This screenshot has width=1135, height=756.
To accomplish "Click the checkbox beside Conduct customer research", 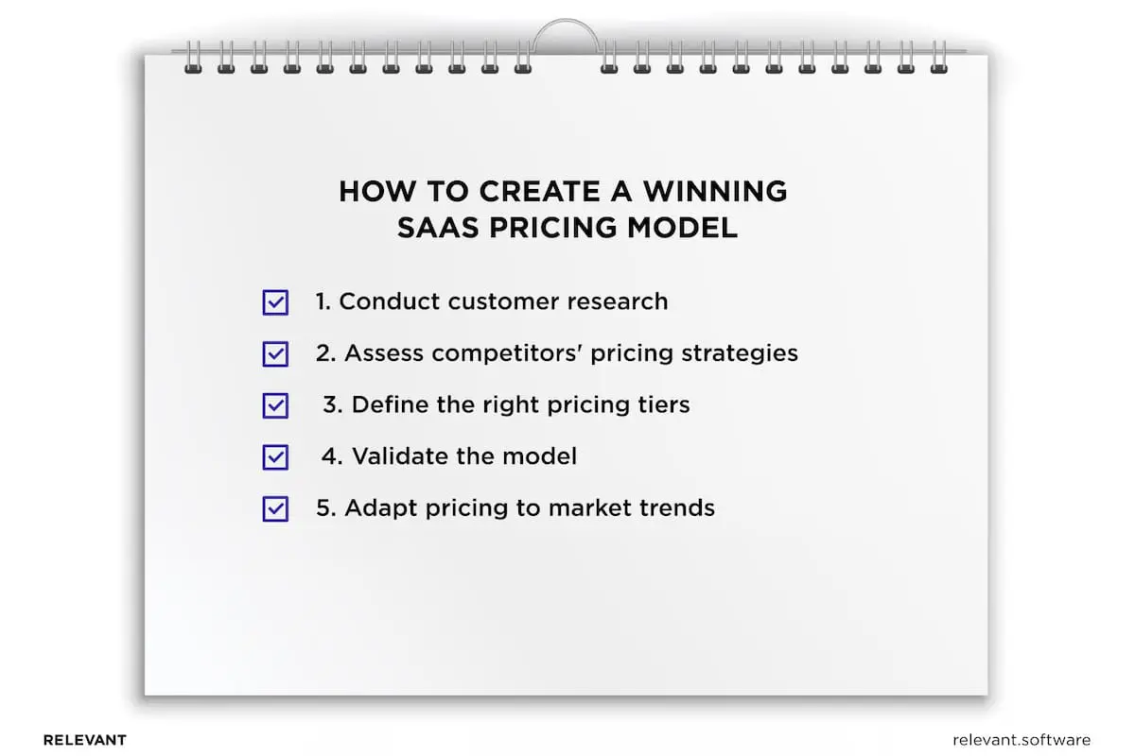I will click(x=275, y=302).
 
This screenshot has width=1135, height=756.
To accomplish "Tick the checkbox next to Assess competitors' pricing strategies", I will click(x=275, y=354).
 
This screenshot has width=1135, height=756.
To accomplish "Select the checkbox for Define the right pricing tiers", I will click(x=275, y=405).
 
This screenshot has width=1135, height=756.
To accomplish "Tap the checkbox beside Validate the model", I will click(x=275, y=457).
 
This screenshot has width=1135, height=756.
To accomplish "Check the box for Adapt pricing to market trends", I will click(x=275, y=508).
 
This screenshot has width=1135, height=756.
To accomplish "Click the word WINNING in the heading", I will click(x=715, y=191).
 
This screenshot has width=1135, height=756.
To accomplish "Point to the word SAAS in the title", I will click(x=437, y=228).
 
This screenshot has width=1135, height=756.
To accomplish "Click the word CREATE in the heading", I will click(x=539, y=191).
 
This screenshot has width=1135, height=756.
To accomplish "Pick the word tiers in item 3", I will click(x=661, y=405).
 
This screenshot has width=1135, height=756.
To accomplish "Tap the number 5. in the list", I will click(x=325, y=508).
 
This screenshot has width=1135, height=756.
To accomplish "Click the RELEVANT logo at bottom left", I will click(x=84, y=740).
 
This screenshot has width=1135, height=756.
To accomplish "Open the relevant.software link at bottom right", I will click(x=1021, y=740).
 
